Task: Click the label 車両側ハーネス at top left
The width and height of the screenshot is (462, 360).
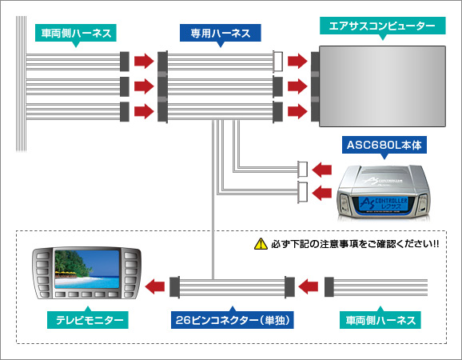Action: (76, 34)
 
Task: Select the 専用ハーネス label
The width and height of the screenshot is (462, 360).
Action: (220, 34)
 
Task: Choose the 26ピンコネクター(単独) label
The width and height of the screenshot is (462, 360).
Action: (231, 320)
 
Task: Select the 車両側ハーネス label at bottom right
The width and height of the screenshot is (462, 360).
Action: (380, 320)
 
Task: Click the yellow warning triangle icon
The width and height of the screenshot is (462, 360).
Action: (259, 243)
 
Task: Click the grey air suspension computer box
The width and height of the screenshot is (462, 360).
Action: (380, 83)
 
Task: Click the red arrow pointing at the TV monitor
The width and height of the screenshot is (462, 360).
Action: (157, 284)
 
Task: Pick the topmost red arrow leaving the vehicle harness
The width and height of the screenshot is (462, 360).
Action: (144, 61)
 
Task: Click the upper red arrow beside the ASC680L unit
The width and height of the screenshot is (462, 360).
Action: (324, 169)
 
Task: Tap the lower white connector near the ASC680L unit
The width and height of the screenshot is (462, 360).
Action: (302, 191)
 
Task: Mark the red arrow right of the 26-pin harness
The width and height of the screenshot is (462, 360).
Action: (309, 284)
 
